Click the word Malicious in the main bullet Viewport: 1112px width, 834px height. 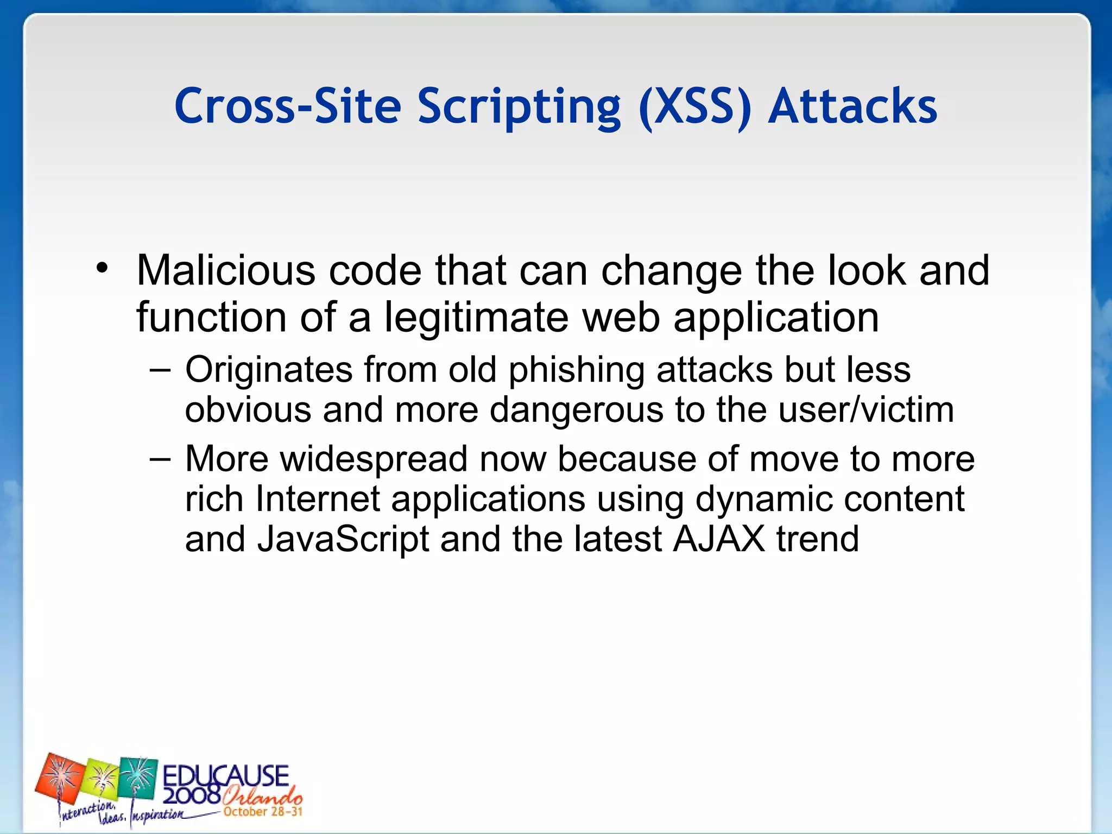(x=225, y=270)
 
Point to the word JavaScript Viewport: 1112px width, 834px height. (x=343, y=539)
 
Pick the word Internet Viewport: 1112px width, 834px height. (x=318, y=499)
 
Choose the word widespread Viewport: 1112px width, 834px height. (x=374, y=459)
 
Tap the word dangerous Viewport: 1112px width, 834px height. (x=576, y=410)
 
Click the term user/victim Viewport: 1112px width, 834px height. (x=865, y=410)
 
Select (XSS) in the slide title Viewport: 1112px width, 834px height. (x=696, y=106)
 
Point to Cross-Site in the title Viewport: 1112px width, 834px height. (x=288, y=106)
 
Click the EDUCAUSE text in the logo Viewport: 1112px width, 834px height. (x=225, y=776)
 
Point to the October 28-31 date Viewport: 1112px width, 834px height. (x=263, y=812)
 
